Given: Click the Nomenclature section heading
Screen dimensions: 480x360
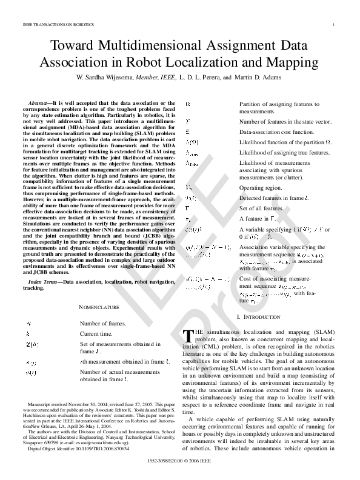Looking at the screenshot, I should coord(99,307).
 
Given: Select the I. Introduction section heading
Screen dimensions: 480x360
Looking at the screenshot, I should coord(259,316).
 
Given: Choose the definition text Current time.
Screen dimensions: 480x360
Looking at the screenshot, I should coord(99,334).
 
